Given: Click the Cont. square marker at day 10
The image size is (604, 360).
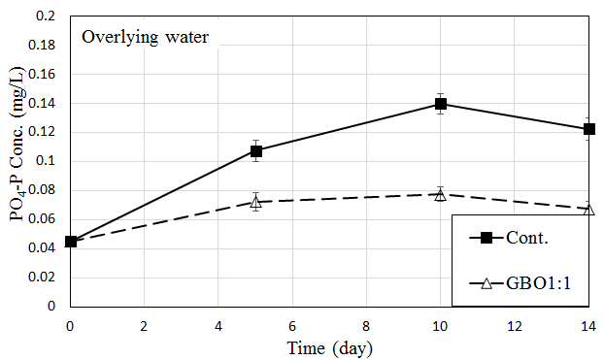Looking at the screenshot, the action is pyautogui.click(x=441, y=104).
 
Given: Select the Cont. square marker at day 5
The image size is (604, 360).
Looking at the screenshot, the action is pyautogui.click(x=256, y=151).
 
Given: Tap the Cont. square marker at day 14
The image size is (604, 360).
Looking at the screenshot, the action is pyautogui.click(x=589, y=129).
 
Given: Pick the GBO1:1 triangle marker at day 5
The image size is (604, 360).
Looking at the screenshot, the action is pyautogui.click(x=256, y=202).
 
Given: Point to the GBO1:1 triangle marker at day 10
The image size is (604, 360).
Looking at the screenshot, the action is pyautogui.click(x=441, y=195).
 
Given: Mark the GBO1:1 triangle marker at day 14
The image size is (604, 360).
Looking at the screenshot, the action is pyautogui.click(x=589, y=210).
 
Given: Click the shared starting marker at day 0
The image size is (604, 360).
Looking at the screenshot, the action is pyautogui.click(x=71, y=242).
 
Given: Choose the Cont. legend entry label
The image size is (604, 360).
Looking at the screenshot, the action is pyautogui.click(x=526, y=238).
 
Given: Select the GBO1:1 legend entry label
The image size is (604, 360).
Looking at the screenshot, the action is pyautogui.click(x=539, y=283).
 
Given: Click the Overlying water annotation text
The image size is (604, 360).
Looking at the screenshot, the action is pyautogui.click(x=145, y=38).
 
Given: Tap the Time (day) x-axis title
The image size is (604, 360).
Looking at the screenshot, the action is pyautogui.click(x=330, y=348).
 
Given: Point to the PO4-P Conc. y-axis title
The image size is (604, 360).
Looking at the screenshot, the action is pyautogui.click(x=17, y=144).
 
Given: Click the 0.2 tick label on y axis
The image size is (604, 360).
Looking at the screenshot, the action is pyautogui.click(x=46, y=16).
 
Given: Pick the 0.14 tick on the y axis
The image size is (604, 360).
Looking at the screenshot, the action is pyautogui.click(x=42, y=103).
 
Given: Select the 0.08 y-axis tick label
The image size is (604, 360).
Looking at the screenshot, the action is pyautogui.click(x=42, y=190).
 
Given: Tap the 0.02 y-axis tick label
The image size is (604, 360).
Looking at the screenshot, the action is pyautogui.click(x=42, y=278).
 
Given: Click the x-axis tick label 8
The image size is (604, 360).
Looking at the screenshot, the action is pyautogui.click(x=366, y=326).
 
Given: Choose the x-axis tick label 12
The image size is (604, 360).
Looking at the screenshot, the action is pyautogui.click(x=515, y=326).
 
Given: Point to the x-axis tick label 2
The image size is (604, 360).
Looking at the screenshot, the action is pyautogui.click(x=144, y=326).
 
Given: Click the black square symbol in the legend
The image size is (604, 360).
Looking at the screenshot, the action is pyautogui.click(x=487, y=238).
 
